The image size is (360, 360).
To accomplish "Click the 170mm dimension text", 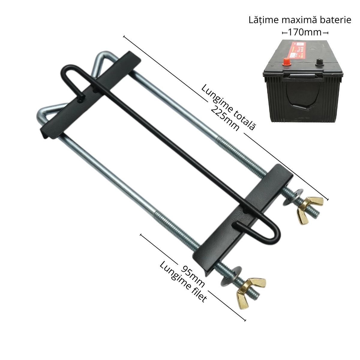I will (305, 32).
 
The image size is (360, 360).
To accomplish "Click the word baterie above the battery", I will (336, 20).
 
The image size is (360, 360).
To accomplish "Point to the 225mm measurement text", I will (225, 118).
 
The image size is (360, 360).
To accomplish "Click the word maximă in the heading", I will (299, 20).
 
